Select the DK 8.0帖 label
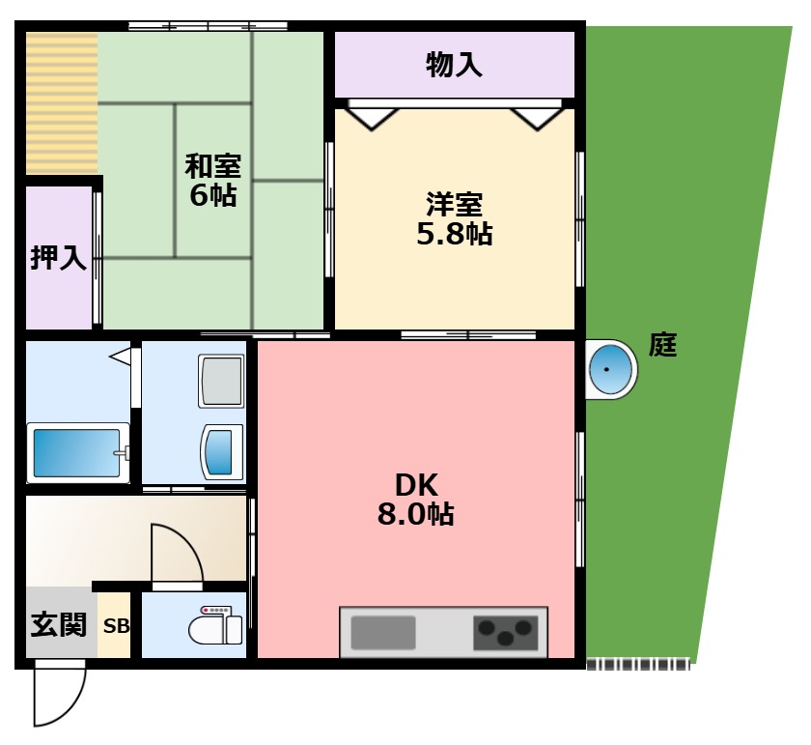click(x=415, y=499)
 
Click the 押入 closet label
click(x=59, y=258)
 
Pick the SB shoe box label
click(x=116, y=626)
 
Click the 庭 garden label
click(x=662, y=345)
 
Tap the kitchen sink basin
click(x=383, y=633)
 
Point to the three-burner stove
click(x=505, y=633)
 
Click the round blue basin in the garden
click(x=610, y=369)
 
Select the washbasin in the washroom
click(x=222, y=451)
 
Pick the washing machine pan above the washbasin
click(x=221, y=380)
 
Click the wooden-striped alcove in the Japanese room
click(x=62, y=102)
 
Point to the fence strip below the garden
click(x=637, y=665)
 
